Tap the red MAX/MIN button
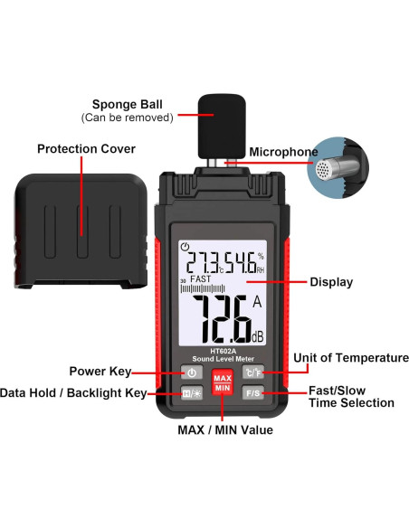point(223,382)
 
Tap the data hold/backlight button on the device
point(192,392)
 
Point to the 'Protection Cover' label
point(86,148)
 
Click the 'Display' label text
point(331,282)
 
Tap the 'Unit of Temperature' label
point(345,358)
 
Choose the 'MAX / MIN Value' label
point(225,430)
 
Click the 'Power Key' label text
point(100,371)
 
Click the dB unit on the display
point(258,336)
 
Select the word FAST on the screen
point(201,281)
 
